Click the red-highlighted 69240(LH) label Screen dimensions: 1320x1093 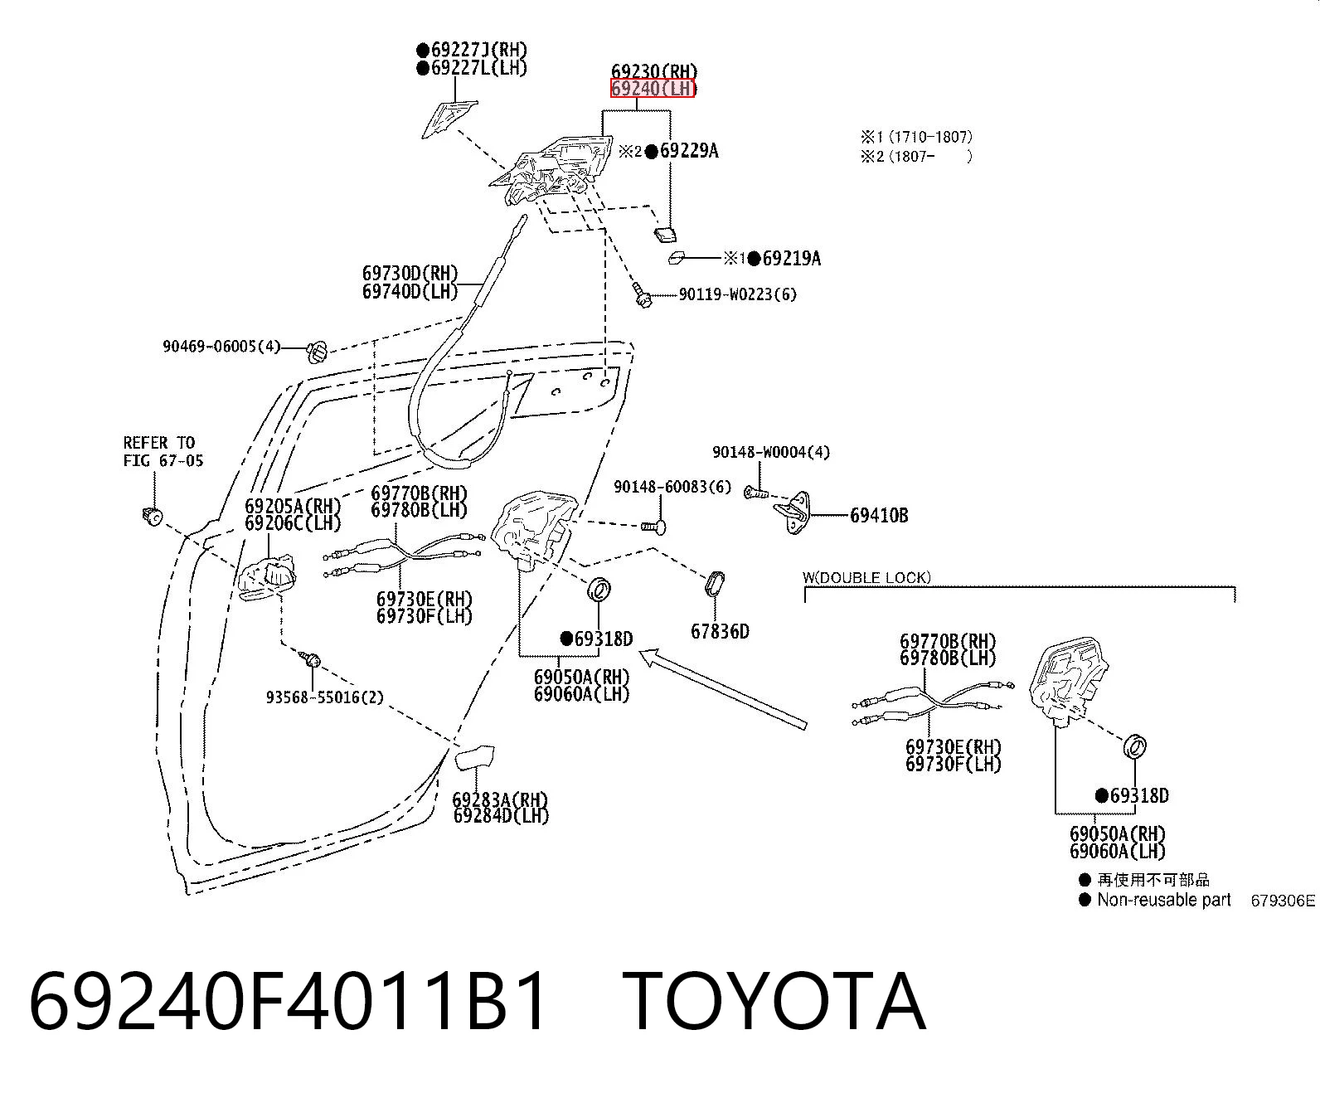click(653, 89)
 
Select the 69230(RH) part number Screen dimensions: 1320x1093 click(654, 71)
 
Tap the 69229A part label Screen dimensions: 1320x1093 click(689, 151)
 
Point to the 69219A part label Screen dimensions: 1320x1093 click(792, 258)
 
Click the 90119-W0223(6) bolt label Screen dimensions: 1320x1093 click(738, 294)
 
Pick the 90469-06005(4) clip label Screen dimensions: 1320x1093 click(221, 346)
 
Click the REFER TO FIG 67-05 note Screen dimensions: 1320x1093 click(163, 451)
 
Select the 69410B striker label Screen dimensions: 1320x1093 click(879, 516)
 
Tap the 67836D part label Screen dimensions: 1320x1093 click(720, 631)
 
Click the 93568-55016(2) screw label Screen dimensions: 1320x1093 click(324, 697)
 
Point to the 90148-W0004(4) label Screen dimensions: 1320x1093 click(770, 452)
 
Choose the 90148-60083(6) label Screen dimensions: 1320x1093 click(672, 487)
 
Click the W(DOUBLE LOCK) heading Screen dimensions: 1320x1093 click(866, 577)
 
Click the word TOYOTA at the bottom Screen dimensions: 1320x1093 click(774, 1002)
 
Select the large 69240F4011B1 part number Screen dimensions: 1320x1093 click(288, 1002)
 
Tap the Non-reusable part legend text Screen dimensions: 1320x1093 click(1164, 900)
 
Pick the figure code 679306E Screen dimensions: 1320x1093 click(1283, 901)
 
